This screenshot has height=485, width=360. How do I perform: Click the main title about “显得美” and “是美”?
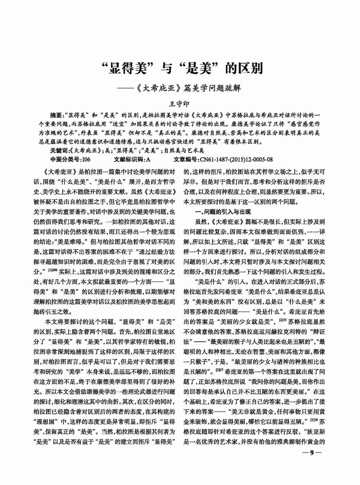click(x=179, y=69)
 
